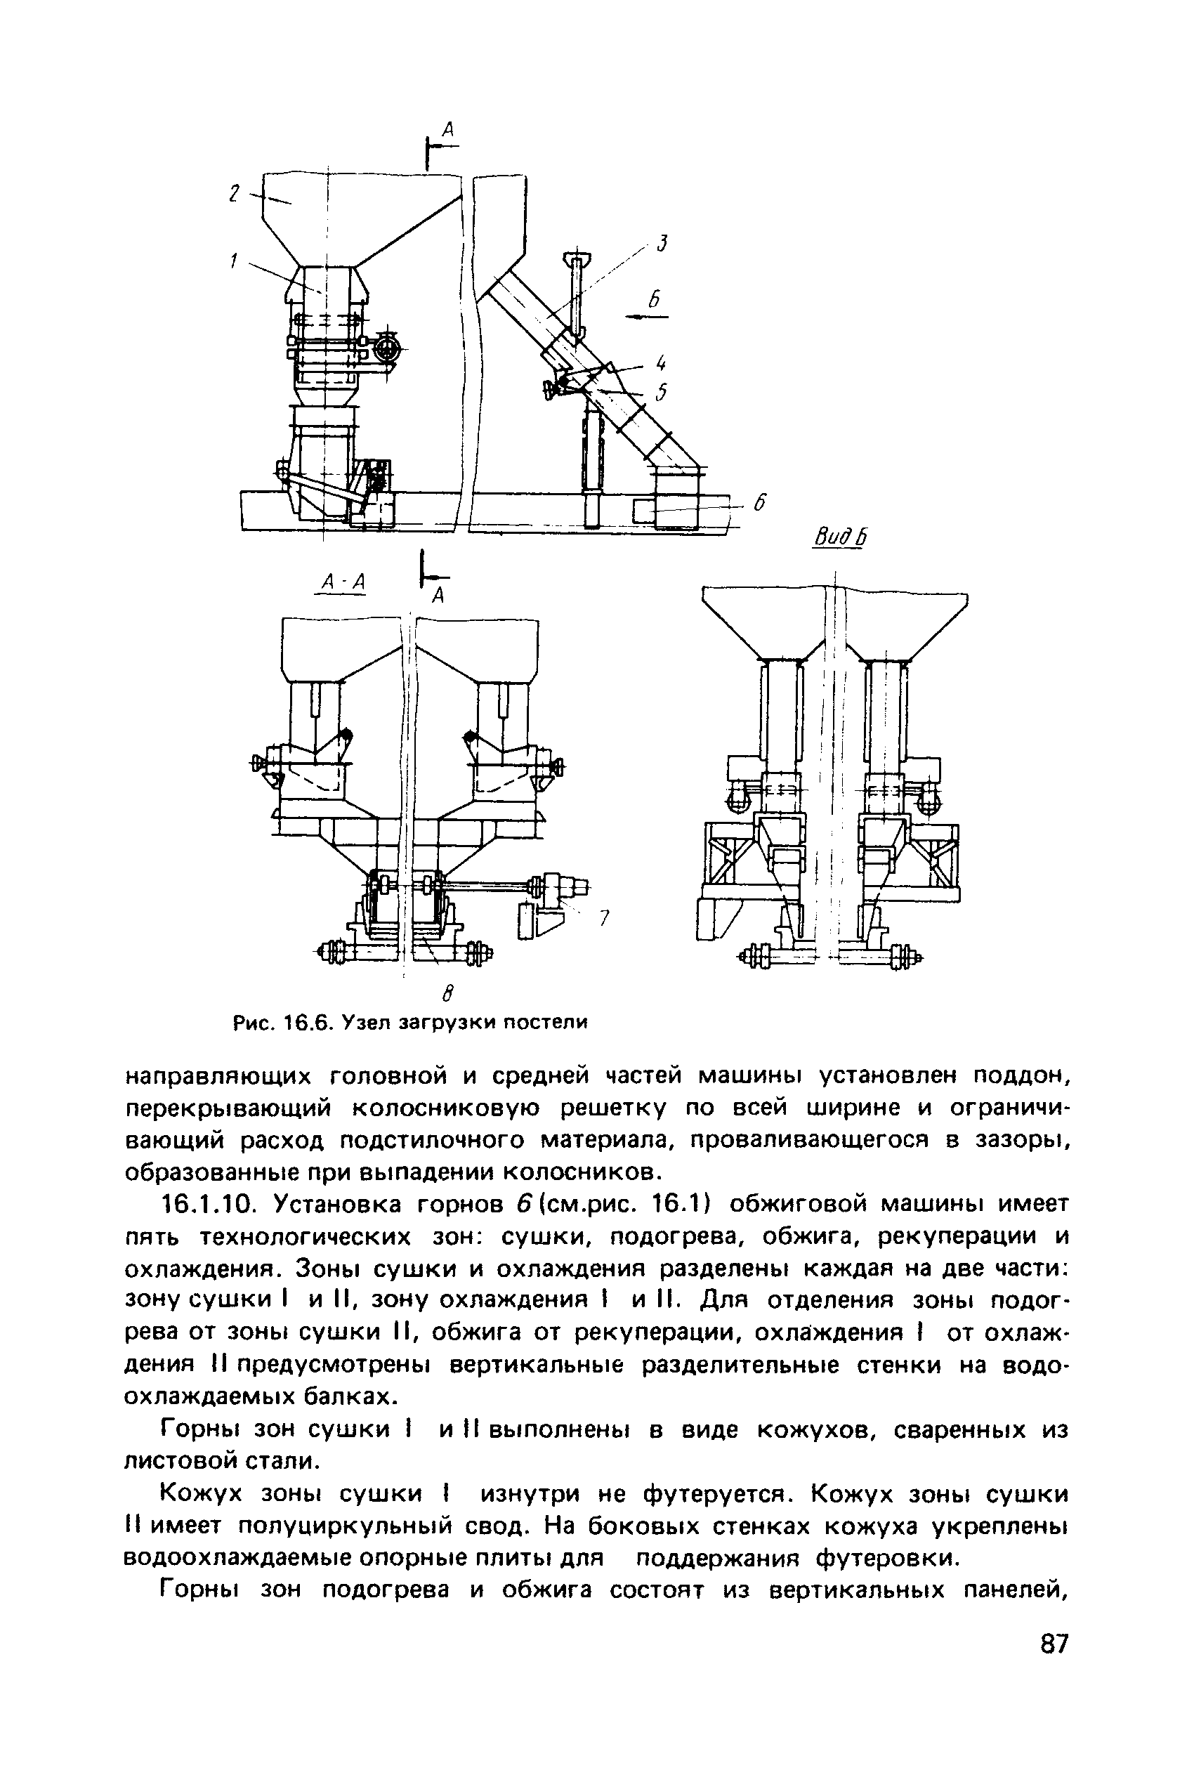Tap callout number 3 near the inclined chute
point(662,244)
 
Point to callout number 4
point(661,361)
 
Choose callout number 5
point(662,391)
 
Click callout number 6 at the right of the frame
point(759,504)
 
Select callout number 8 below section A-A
point(448,993)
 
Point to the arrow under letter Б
point(646,317)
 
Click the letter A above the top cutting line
point(449,129)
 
